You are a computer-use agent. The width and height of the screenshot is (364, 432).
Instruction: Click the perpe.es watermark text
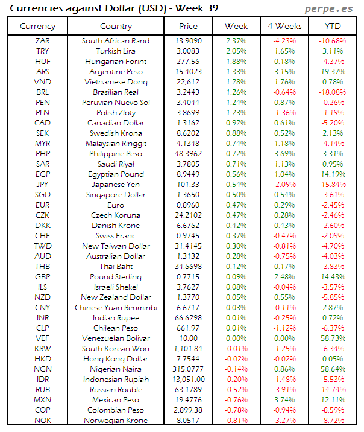point(330,8)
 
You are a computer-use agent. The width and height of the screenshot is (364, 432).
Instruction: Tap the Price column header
point(188,26)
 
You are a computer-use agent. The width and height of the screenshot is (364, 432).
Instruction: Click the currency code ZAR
point(43,41)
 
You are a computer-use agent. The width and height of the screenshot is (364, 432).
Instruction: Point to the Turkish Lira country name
point(116,51)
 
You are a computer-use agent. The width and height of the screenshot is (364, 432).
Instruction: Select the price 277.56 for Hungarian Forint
point(188,62)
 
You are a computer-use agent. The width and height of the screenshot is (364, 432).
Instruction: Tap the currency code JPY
point(43,185)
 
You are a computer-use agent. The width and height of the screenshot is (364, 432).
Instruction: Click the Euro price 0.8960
point(188,205)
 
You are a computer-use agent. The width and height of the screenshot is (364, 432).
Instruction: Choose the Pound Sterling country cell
point(116,277)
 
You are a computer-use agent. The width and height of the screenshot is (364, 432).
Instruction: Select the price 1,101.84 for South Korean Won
point(188,349)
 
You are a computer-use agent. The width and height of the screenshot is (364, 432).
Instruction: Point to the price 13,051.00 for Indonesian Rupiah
point(188,380)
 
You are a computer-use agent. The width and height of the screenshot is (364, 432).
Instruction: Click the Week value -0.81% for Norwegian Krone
point(236,421)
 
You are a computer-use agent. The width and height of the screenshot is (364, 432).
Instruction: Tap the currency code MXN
point(43,400)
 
